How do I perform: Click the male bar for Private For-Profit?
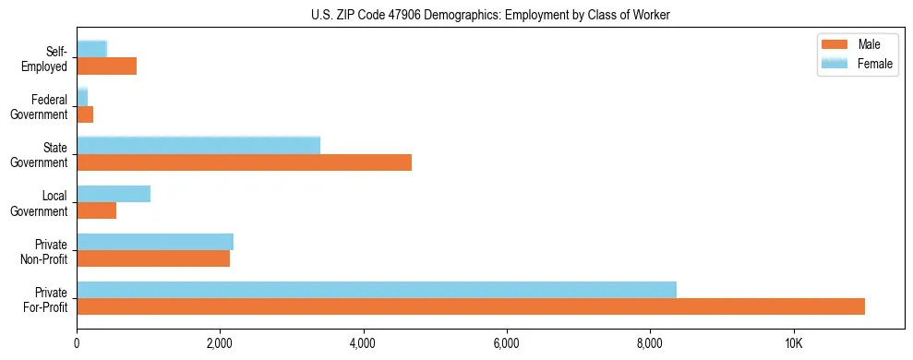pos(471,306)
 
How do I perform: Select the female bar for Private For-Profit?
pos(377,290)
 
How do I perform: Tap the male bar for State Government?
pos(244,162)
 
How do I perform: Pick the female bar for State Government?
pos(198,145)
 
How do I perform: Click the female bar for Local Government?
pos(114,194)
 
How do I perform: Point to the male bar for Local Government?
pos(96,210)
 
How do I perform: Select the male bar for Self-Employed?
pos(106,66)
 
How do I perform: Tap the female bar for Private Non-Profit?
pos(155,242)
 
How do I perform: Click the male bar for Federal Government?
pos(85,114)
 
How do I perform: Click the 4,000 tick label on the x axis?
pos(364,343)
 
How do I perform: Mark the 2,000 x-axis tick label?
pos(220,343)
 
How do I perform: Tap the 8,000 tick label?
pos(651,343)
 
